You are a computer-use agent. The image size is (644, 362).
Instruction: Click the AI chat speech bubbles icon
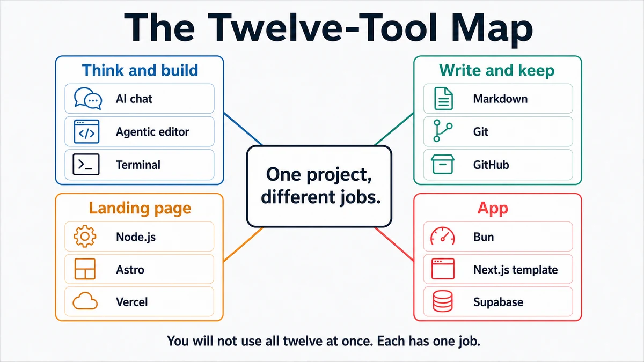[87, 99]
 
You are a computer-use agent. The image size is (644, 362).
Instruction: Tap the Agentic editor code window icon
[86, 131]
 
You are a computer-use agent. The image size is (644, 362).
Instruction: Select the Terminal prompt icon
[86, 165]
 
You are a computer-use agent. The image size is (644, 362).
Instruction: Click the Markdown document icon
[443, 99]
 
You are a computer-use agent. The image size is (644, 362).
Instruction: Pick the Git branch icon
[443, 131]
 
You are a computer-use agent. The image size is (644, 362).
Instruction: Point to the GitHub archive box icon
[443, 164]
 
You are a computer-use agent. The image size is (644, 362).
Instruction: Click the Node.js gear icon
[85, 237]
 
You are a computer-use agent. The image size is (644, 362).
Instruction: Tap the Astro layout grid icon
[85, 269]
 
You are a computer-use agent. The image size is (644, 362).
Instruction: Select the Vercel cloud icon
[85, 301]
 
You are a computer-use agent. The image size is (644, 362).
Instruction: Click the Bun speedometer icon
[442, 236]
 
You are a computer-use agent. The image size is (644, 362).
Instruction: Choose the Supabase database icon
[443, 301]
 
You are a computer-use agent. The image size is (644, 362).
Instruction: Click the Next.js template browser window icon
[443, 269]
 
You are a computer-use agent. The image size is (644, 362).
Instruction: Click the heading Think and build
[140, 70]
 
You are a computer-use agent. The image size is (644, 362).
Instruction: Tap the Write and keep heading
[497, 71]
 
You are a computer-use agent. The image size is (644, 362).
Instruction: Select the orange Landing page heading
[140, 208]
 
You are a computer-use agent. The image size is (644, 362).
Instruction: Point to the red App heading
[493, 209]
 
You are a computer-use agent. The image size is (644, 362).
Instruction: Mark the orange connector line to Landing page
[243, 245]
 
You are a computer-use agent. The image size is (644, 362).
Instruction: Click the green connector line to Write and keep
[394, 129]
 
